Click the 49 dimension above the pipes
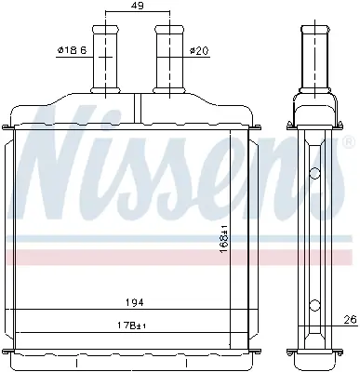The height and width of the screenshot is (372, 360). point(136,7)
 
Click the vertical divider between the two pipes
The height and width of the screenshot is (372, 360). point(137,103)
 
